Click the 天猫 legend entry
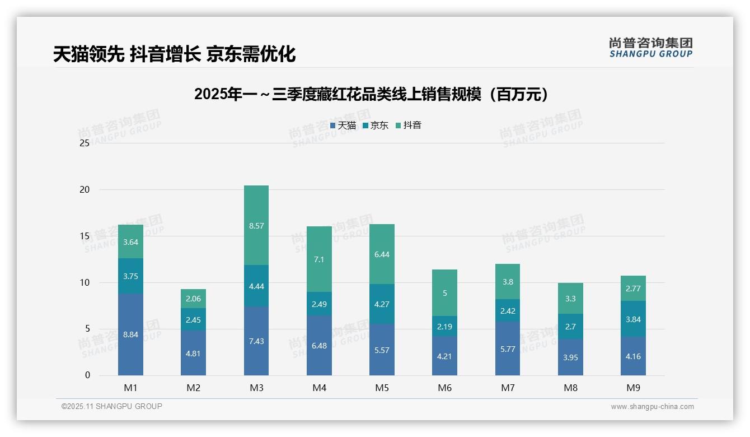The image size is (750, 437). point(343,125)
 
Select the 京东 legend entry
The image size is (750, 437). point(376,125)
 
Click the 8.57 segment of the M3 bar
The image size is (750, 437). point(256,225)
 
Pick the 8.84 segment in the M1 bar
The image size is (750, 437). point(130,334)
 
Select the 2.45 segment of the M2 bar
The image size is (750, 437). point(193,319)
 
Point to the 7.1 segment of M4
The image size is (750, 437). point(319,259)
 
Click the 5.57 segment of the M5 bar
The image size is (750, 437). point(382,350)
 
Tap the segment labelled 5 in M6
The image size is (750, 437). point(444,292)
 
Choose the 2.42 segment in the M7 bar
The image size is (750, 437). point(508,310)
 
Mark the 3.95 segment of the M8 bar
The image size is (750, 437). point(570,357)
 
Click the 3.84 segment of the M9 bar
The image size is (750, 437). point(633,319)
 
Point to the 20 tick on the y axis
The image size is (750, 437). point(85,189)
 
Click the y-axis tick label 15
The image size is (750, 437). point(85,236)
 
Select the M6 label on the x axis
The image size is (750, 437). point(444,388)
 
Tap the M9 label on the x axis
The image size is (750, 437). point(633,388)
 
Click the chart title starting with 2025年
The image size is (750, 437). point(372,94)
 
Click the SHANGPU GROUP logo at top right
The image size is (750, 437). point(650,48)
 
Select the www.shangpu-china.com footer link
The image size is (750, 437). point(652,407)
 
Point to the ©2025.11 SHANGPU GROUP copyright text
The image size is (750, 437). point(111,407)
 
